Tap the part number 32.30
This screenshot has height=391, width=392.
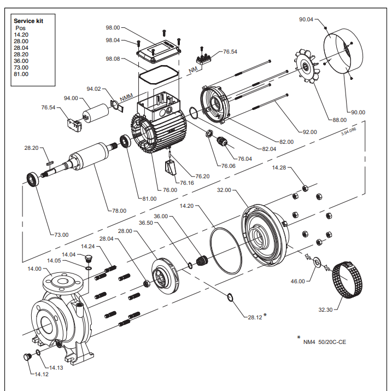coord(325,309)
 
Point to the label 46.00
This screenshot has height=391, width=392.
coord(298,281)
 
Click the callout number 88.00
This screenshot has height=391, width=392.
coord(340,119)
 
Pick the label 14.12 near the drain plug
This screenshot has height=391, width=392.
coord(42,374)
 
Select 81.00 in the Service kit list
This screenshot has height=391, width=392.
coord(21,74)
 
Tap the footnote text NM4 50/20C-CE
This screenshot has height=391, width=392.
coord(325,342)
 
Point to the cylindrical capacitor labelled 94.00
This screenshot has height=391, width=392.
coord(94,112)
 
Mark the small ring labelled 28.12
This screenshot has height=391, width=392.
coord(230,297)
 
